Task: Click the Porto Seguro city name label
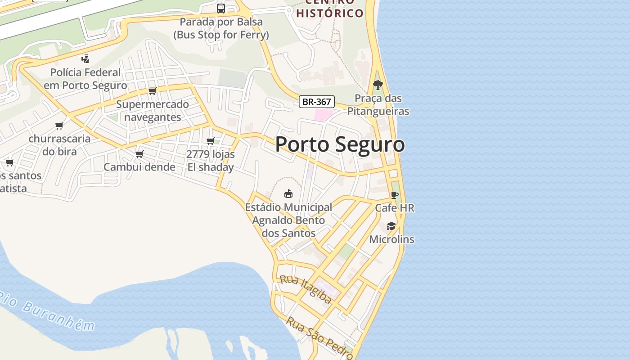tap(340, 144)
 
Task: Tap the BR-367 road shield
tap(317, 102)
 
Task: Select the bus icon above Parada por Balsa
tap(221, 8)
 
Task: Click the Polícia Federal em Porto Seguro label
tap(85, 79)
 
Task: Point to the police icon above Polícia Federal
tap(85, 58)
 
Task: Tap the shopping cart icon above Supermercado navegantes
tap(152, 91)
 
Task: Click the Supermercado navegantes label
tap(153, 111)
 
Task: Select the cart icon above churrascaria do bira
tap(59, 126)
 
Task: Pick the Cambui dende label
tap(139, 167)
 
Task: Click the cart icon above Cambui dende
tap(139, 154)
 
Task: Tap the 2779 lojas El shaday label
tap(211, 161)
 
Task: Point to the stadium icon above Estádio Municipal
tap(288, 194)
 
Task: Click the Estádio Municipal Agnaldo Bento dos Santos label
tap(288, 220)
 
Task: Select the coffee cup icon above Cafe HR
tap(395, 195)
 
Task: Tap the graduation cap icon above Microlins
tap(391, 226)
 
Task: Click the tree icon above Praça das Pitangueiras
tap(378, 85)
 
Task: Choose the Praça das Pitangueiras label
tap(378, 105)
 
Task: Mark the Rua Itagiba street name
tap(306, 289)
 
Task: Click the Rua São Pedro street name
tap(319, 337)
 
